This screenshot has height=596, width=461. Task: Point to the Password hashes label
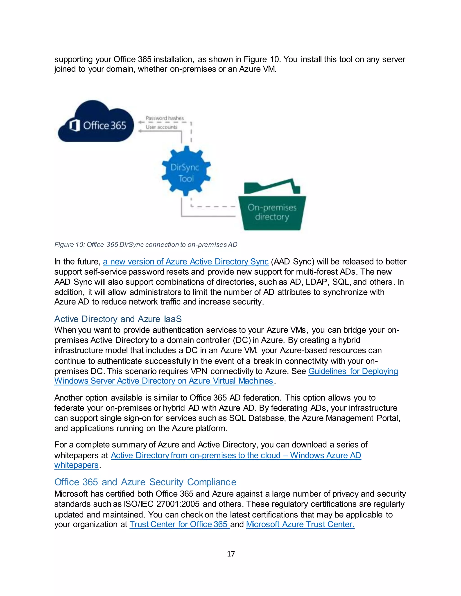(x=165, y=118)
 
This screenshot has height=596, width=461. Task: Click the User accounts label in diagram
(x=161, y=127)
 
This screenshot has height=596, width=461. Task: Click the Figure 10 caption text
(x=146, y=244)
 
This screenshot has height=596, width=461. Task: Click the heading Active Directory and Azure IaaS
(x=118, y=319)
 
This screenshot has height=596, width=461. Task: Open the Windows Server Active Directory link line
(x=164, y=381)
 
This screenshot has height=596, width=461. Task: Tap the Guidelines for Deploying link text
(x=353, y=371)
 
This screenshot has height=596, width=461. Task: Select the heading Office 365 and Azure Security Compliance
(x=145, y=482)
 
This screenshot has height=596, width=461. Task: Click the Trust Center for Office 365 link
(x=179, y=524)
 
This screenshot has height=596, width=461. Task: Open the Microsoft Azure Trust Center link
(x=300, y=524)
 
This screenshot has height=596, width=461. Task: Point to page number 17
(x=231, y=554)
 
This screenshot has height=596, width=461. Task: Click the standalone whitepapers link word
(x=76, y=465)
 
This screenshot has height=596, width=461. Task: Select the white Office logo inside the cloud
(x=74, y=125)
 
